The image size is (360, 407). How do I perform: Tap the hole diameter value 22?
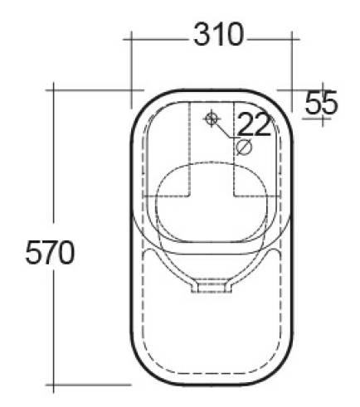[254, 124]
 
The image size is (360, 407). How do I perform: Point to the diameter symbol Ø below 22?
[244, 148]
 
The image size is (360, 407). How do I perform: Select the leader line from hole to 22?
[226, 132]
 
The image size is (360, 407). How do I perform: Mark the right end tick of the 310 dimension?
[294, 36]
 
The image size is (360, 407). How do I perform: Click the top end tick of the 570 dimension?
[56, 86]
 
